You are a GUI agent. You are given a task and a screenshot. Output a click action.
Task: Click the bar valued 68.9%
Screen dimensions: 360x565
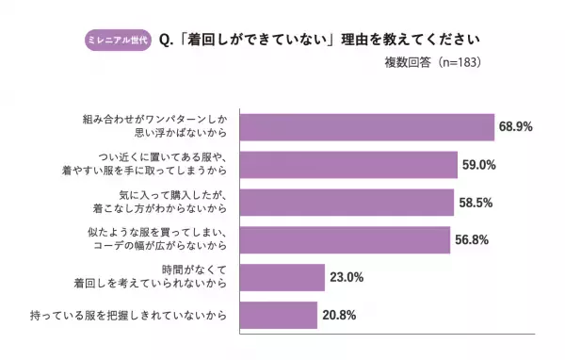[367, 127]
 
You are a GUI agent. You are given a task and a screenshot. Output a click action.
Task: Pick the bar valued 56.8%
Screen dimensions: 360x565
[345, 239]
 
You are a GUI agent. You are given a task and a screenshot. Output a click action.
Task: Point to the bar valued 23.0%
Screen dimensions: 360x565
[282, 277]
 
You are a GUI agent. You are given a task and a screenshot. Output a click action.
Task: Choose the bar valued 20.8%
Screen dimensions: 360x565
[279, 315]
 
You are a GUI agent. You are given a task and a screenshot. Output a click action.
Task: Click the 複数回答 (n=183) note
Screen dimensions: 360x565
[428, 64]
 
